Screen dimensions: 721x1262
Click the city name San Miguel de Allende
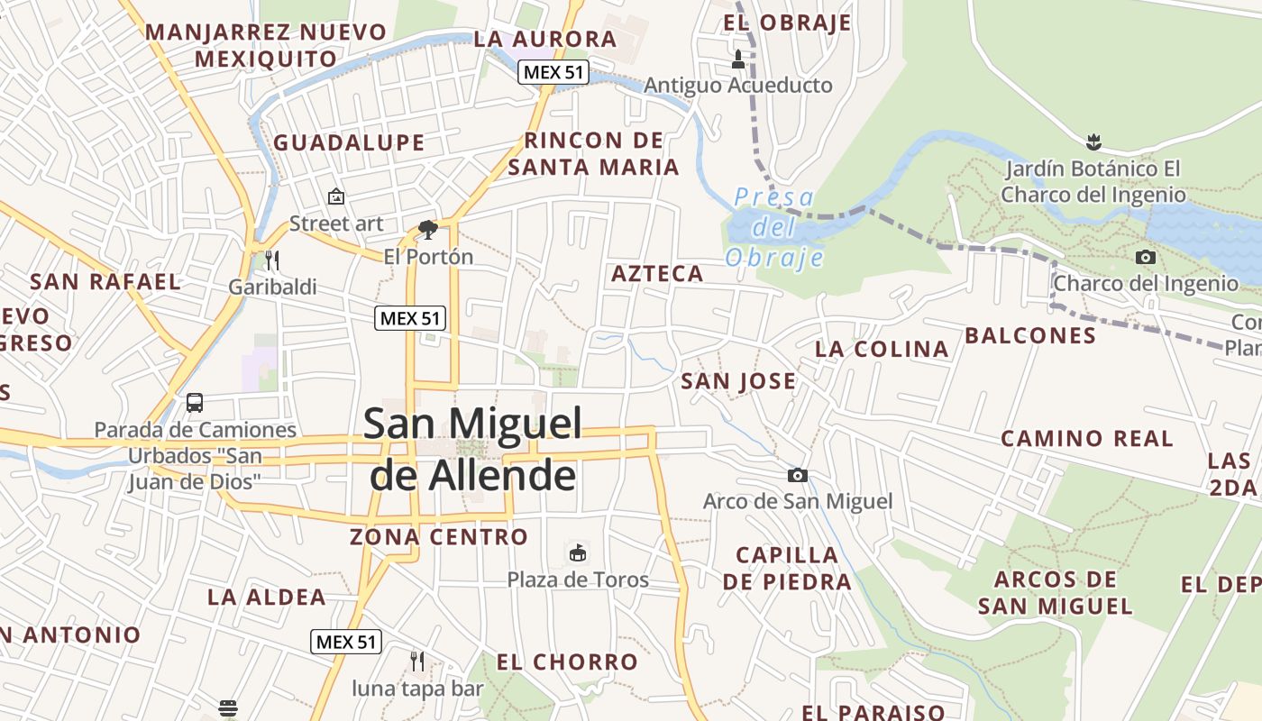[x=472, y=449]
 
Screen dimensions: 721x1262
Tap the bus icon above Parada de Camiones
[x=195, y=403]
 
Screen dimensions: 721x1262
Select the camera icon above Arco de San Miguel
[x=797, y=475]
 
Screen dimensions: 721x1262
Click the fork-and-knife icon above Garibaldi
[x=272, y=260]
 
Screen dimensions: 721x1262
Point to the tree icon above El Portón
[x=428, y=230]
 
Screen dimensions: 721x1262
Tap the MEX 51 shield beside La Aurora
[x=553, y=72]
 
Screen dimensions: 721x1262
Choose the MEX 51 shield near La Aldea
[x=346, y=642]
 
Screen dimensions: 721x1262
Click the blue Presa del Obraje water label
[x=774, y=227]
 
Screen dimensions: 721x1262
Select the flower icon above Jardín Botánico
[x=1093, y=141]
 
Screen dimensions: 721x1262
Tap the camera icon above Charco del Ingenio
[x=1146, y=258]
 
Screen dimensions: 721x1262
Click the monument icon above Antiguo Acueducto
[x=738, y=59]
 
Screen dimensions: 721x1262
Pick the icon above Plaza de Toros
[x=578, y=552]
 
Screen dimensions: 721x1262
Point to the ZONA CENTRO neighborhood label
[x=439, y=537]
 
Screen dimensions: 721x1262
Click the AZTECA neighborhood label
[x=657, y=274]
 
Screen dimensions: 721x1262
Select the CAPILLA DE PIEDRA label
[x=787, y=568]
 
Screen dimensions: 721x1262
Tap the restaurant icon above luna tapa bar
[x=417, y=662]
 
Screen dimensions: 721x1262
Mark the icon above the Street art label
[x=336, y=196]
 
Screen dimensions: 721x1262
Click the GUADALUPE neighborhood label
[x=349, y=142]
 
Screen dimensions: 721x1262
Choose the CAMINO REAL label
[x=1087, y=439]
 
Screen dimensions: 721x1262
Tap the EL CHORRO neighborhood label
[x=567, y=662]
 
